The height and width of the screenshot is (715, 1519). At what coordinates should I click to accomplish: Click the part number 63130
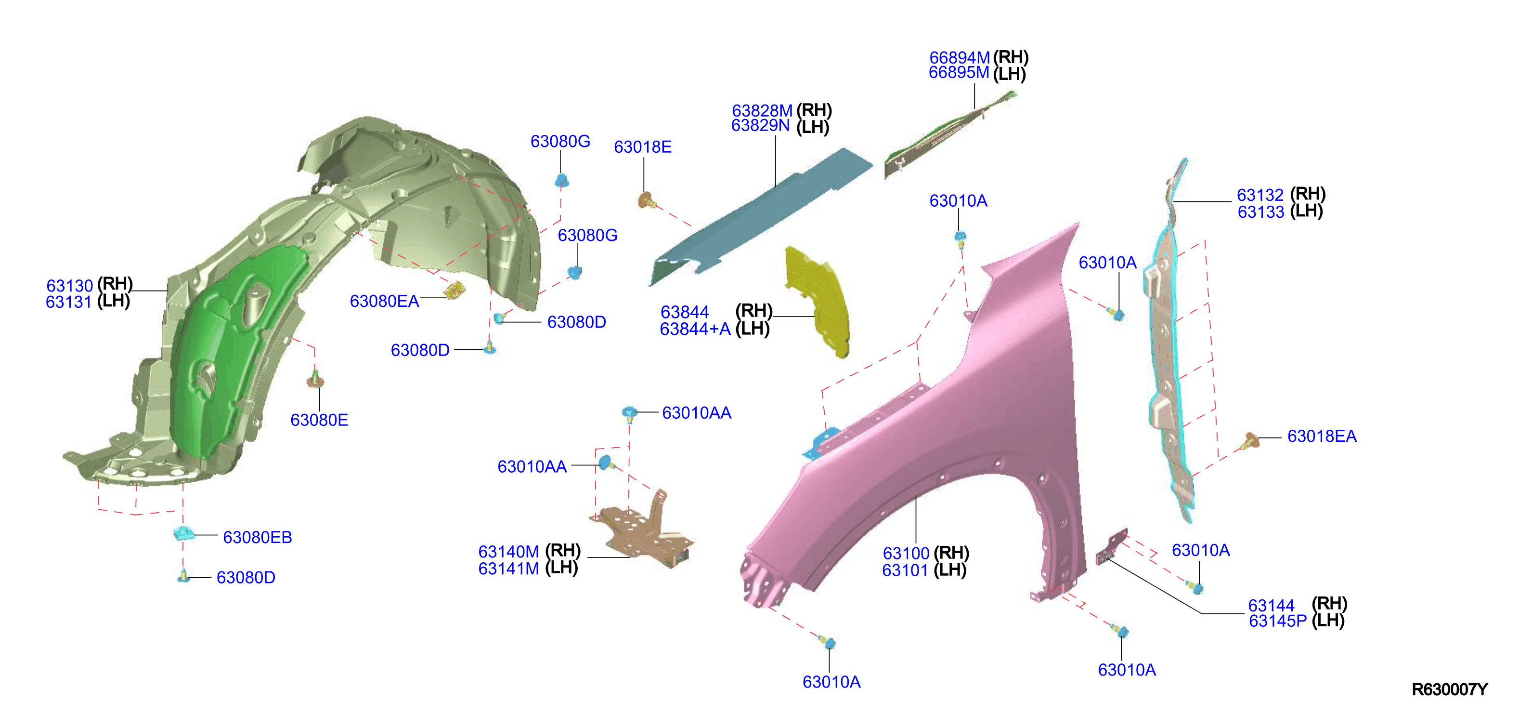pyautogui.click(x=70, y=286)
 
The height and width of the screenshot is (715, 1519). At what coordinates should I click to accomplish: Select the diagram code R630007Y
pyautogui.click(x=1449, y=689)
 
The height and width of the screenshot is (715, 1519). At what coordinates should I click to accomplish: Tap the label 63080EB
pyautogui.click(x=257, y=537)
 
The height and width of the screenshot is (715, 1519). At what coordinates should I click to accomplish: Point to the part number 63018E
pyautogui.click(x=642, y=147)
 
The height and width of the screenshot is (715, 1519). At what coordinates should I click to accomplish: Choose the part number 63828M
pyautogui.click(x=762, y=110)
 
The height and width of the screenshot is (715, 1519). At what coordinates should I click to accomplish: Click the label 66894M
pyautogui.click(x=960, y=58)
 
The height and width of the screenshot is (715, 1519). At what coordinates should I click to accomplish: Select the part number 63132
pyautogui.click(x=1260, y=195)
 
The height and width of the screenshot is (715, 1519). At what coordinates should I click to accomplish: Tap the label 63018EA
pyautogui.click(x=1322, y=437)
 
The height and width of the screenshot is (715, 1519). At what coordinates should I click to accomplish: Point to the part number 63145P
pyautogui.click(x=1277, y=621)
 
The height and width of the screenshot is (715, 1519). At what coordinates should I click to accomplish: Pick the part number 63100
pyautogui.click(x=906, y=554)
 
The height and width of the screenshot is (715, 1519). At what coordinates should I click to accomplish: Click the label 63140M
pyautogui.click(x=508, y=552)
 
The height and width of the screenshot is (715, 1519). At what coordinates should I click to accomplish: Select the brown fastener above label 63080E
pyautogui.click(x=315, y=379)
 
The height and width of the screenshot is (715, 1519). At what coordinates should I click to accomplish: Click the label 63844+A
pyautogui.click(x=695, y=329)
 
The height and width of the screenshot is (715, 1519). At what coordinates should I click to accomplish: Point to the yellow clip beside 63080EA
pyautogui.click(x=454, y=290)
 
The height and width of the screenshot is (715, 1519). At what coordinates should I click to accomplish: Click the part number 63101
pyautogui.click(x=905, y=570)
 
